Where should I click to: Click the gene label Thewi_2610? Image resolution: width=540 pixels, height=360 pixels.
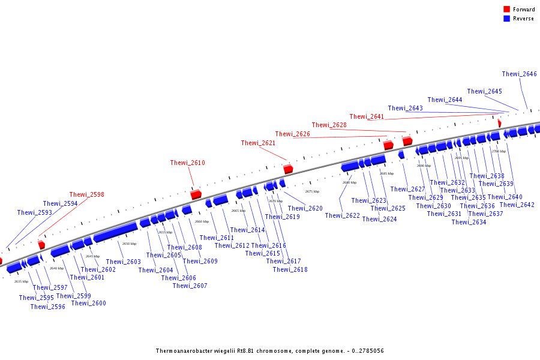tap(187, 163)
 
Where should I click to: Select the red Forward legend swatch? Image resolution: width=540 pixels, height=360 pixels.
tap(506, 10)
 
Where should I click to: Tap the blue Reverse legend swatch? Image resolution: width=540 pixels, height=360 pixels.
tap(506, 19)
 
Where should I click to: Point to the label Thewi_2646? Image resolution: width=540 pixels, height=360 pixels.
tap(519, 74)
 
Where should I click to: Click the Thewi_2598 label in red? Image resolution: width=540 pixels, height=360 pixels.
tap(86, 194)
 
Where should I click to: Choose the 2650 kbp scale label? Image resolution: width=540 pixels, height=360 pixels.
tap(129, 244)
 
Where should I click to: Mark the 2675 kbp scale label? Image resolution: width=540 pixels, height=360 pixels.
tap(312, 191)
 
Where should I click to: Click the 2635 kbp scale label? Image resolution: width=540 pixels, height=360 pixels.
tap(21, 281)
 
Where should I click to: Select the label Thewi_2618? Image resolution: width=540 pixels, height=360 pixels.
tap(290, 270)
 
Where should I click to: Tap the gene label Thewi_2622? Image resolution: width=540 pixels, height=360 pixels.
tap(342, 216)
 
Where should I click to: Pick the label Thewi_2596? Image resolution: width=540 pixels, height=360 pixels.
tap(47, 307)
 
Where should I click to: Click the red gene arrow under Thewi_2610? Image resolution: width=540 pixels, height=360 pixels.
tap(196, 194)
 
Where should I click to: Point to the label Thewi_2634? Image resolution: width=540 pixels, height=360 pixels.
tap(469, 223)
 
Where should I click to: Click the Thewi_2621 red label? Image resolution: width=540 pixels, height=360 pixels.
tap(258, 143)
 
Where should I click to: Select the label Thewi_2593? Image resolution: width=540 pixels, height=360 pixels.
tap(34, 213)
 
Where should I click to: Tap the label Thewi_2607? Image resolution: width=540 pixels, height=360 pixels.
tap(190, 286)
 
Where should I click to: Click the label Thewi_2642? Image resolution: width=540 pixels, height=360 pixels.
tap(517, 205)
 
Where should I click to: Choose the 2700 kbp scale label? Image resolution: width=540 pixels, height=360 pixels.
tap(499, 151)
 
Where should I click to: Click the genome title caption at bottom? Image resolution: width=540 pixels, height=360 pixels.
tap(269, 351)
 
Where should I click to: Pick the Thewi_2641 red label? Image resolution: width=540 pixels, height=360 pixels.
tap(367, 117)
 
